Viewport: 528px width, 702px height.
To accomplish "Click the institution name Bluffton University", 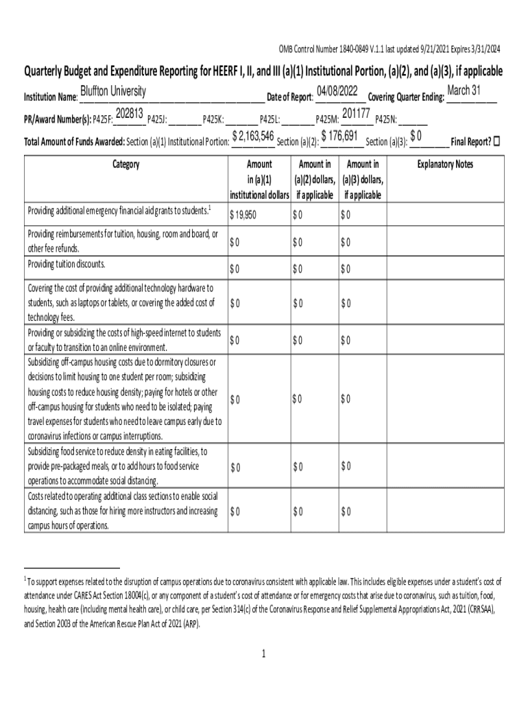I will pyautogui.click(x=113, y=92).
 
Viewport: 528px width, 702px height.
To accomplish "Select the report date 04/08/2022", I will pyautogui.click(x=337, y=91).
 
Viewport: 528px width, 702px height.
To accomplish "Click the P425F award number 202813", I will pyautogui.click(x=129, y=113).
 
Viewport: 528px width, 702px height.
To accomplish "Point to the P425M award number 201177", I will pyautogui.click(x=356, y=113).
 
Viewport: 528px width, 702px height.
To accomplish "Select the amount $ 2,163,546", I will pyautogui.click(x=253, y=136).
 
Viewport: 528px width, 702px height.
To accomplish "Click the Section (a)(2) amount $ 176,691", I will pyautogui.click(x=339, y=136).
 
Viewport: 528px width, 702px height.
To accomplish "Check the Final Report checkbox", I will pyautogui.click(x=497, y=141).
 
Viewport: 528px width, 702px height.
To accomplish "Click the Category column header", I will pyautogui.click(x=124, y=165).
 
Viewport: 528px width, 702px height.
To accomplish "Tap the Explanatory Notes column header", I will pyautogui.click(x=445, y=165).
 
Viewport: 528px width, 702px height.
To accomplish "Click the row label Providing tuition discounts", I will pyautogui.click(x=67, y=264).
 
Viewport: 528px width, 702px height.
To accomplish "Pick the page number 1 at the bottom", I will pyautogui.click(x=263, y=653).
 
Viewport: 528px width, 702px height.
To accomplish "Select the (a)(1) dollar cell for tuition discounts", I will pyautogui.click(x=235, y=267).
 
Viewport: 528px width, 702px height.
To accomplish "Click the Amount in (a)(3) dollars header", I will pyautogui.click(x=363, y=180).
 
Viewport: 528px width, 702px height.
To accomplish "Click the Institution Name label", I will pyautogui.click(x=51, y=97).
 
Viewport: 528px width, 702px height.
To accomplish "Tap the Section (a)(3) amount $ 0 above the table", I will pyautogui.click(x=416, y=136).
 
